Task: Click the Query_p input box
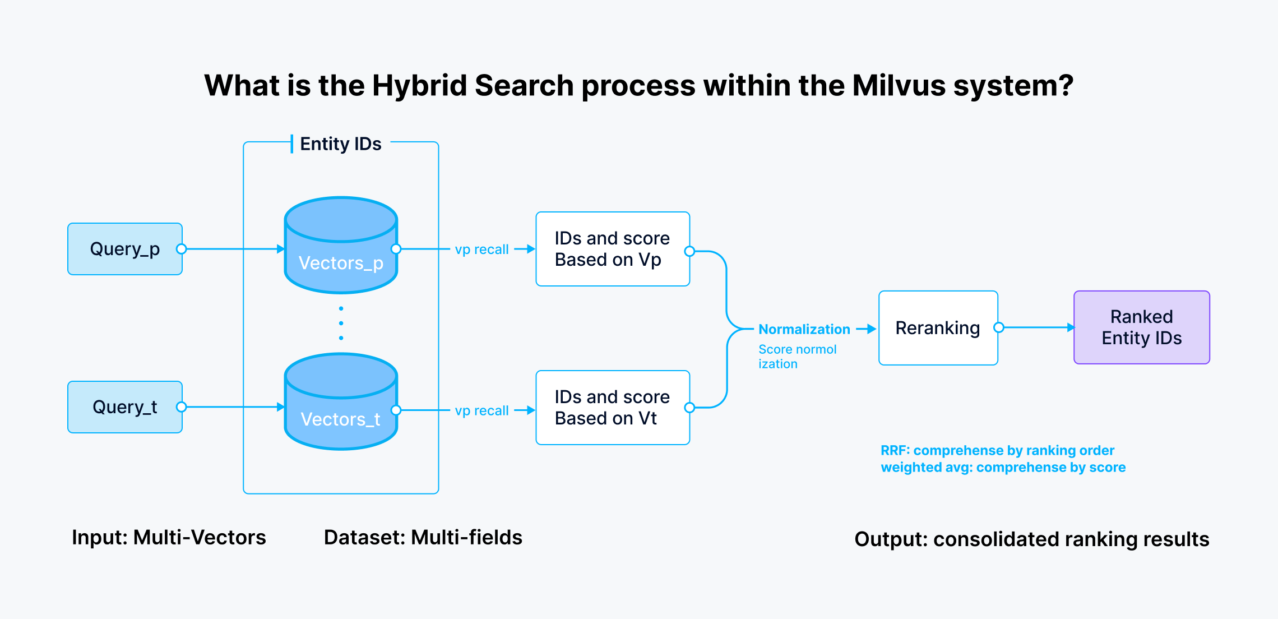click(x=124, y=249)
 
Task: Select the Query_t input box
click(x=124, y=407)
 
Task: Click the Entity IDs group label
click(x=340, y=144)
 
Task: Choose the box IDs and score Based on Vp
click(x=612, y=249)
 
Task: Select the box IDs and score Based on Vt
click(x=612, y=408)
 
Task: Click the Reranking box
click(x=938, y=328)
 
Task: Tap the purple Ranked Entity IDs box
click(x=1141, y=327)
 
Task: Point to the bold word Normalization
click(x=804, y=329)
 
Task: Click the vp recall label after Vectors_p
click(x=481, y=250)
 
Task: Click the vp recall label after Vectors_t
click(x=481, y=411)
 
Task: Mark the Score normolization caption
click(x=797, y=357)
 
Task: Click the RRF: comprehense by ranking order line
click(x=997, y=450)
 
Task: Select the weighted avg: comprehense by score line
click(x=1003, y=468)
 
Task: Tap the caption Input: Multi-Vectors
click(x=169, y=537)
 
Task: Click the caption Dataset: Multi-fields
click(x=423, y=537)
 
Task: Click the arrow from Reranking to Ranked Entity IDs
click(x=1037, y=327)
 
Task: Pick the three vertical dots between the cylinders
click(x=341, y=324)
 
